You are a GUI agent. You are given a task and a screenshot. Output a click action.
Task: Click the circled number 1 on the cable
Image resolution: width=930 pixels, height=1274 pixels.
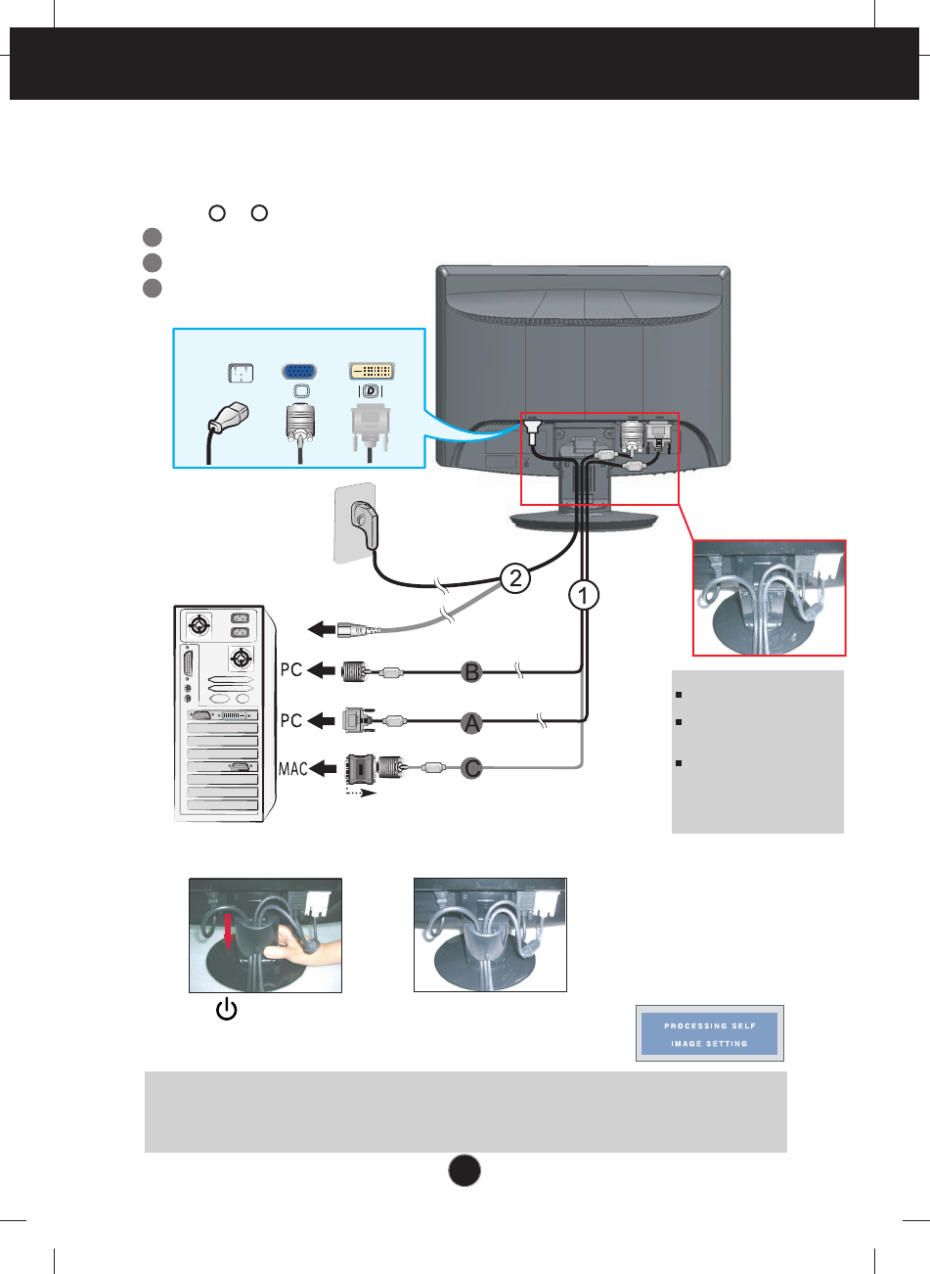[584, 594]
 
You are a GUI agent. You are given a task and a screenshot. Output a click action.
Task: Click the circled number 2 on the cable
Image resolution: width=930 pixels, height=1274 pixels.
[514, 577]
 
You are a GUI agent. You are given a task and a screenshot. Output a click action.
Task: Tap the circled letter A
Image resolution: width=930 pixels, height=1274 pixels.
[472, 722]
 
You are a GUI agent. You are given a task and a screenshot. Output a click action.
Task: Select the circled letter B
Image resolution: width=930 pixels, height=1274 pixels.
[472, 671]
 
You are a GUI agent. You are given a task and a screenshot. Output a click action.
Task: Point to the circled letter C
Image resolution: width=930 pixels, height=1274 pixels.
[472, 768]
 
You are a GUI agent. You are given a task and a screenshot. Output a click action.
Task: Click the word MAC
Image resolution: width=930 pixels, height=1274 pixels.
[293, 769]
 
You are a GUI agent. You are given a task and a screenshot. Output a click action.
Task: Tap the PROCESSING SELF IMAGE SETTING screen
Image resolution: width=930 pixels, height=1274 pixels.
[709, 1034]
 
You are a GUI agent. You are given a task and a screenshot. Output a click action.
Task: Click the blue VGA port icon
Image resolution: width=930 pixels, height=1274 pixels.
[299, 373]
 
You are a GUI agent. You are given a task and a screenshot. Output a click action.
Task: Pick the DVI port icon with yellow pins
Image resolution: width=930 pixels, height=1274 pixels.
[372, 372]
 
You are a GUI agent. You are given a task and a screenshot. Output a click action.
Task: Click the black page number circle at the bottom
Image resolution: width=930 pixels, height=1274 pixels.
[465, 1169]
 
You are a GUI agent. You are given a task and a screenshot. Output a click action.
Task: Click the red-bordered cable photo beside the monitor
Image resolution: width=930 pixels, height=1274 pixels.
[769, 597]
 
